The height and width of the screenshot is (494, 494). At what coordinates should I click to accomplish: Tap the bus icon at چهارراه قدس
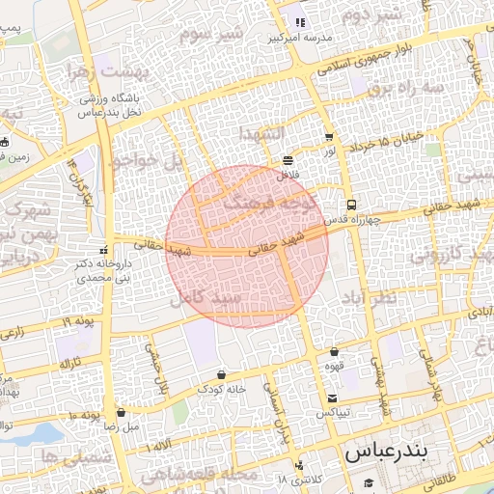coord(351,205)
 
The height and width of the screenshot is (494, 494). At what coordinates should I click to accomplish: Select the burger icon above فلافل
coord(288,160)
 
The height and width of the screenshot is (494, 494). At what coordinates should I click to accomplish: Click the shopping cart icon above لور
coord(330,138)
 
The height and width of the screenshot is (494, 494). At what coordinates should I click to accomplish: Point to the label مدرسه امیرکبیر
coord(298,38)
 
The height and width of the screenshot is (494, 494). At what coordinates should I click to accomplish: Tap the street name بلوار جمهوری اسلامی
coord(371,57)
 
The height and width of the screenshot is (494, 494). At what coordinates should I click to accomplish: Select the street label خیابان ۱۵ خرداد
coord(391,141)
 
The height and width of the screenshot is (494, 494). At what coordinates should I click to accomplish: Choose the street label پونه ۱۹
coord(79,321)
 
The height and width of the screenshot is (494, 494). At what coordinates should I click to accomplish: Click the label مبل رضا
coord(121,425)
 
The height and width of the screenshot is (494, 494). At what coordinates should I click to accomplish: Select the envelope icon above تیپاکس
coord(333,398)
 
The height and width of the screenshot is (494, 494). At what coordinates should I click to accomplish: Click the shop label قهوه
coord(334,367)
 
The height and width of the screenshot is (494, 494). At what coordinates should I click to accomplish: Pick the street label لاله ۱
coord(158,450)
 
